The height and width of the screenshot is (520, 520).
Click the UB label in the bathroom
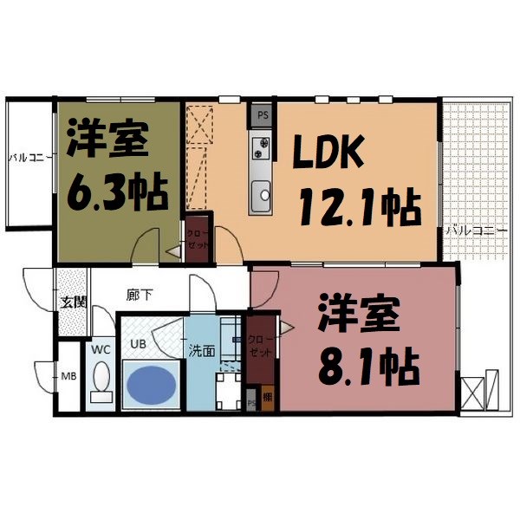(137, 344)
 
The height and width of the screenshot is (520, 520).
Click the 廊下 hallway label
(140, 296)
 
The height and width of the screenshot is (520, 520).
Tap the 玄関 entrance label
(73, 302)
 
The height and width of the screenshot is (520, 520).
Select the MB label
(68, 376)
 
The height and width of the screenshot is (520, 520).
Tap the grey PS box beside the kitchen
(263, 114)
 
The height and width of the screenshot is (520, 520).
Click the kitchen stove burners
(261, 150)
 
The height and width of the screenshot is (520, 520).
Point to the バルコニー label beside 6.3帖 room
(31, 158)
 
